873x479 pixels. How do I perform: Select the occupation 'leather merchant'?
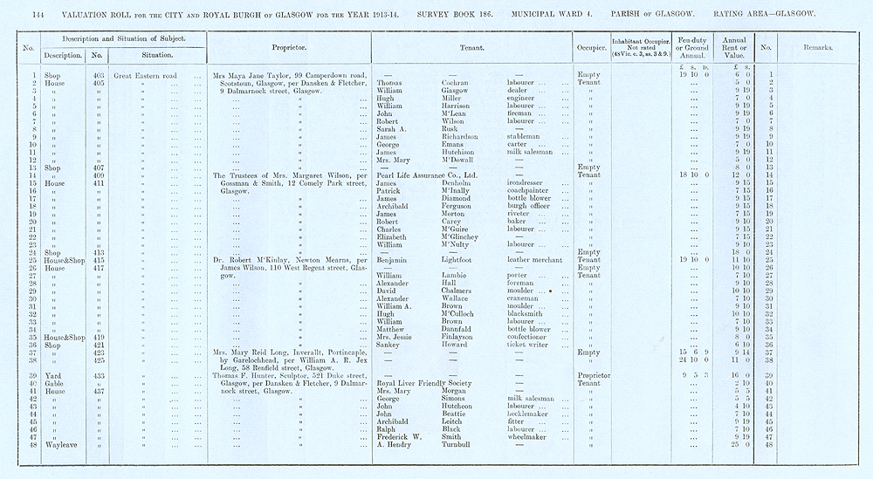[535, 260]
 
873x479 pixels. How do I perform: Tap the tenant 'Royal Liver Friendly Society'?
[423, 383]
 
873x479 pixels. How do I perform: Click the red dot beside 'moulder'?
[553, 290]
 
